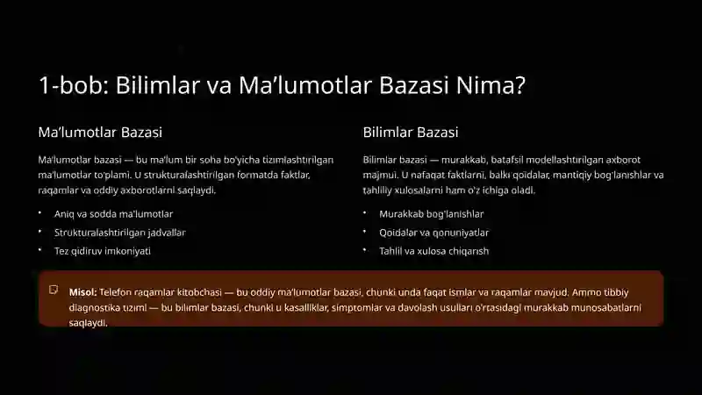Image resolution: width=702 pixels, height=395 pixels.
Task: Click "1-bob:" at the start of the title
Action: coord(67,86)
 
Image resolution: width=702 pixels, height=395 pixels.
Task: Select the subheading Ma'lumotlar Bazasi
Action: coord(100,133)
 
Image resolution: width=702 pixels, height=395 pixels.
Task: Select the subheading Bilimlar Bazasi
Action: coord(411,133)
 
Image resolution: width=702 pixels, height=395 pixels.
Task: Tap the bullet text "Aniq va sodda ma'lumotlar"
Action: coord(113,213)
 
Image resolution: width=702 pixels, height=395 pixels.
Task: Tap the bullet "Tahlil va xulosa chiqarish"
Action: coord(434,251)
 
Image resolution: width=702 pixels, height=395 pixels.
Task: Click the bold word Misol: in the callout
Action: coord(83,291)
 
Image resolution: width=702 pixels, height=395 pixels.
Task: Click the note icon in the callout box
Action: coord(54,290)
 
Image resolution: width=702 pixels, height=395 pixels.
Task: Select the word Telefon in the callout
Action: coord(117,291)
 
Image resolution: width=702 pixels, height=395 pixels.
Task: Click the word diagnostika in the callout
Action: coord(98,307)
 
